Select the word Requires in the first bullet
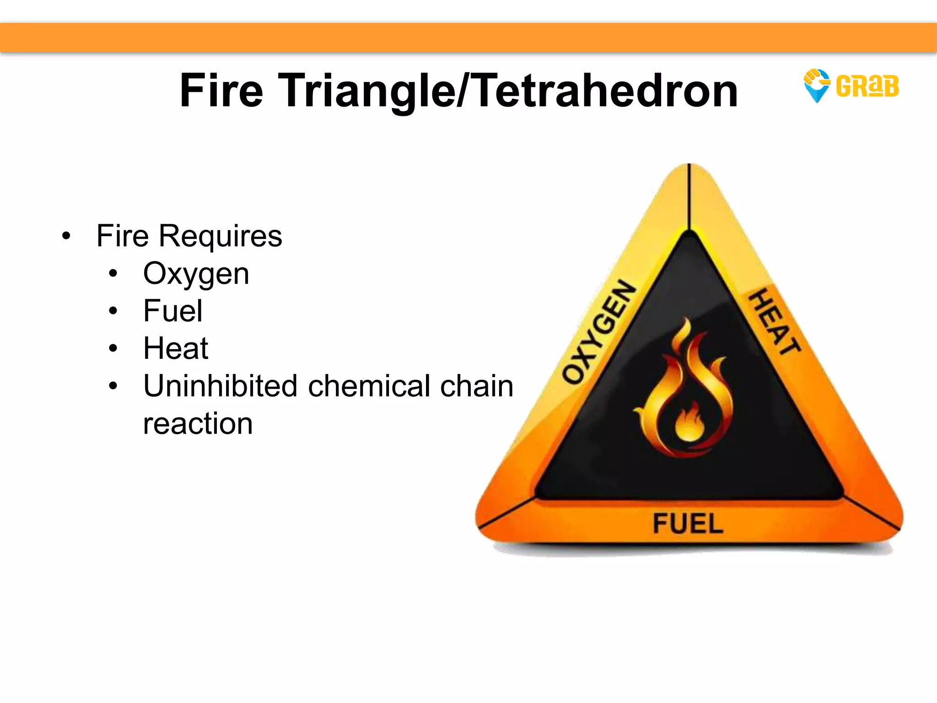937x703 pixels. (x=220, y=237)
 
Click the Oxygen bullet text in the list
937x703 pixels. (x=196, y=274)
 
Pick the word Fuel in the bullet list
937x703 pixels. (x=172, y=311)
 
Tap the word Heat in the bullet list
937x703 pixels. (x=176, y=349)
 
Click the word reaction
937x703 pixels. (x=198, y=423)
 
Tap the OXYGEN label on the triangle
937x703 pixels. (x=599, y=331)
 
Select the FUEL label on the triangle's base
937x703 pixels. (x=688, y=524)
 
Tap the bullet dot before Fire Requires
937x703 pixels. (x=67, y=237)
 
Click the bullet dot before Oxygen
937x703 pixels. (x=113, y=274)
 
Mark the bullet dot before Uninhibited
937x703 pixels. (x=113, y=386)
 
